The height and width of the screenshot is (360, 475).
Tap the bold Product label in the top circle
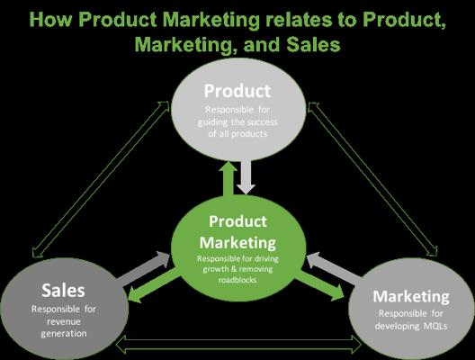coord(237,91)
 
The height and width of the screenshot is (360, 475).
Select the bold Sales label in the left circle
coord(63,290)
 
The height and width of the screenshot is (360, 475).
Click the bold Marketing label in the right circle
coord(411,296)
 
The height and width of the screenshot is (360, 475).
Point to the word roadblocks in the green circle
coord(237,280)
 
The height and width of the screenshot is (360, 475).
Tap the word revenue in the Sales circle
coord(64,321)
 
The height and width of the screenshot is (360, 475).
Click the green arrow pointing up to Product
coord(229,178)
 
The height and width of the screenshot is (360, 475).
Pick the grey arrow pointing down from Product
coord(246,177)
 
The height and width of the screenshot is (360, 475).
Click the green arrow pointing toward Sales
coord(153,286)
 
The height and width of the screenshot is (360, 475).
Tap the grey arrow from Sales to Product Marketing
coord(144,268)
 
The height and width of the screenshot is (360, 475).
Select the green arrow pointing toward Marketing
coord(319,286)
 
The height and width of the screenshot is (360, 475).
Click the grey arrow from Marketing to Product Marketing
coord(333,269)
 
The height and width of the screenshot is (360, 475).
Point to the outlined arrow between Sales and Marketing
coord(238,346)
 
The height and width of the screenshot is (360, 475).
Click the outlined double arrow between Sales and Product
coord(101,180)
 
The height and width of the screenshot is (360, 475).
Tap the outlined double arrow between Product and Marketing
coord(372,179)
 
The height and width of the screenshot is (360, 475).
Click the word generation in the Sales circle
coord(64,334)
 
